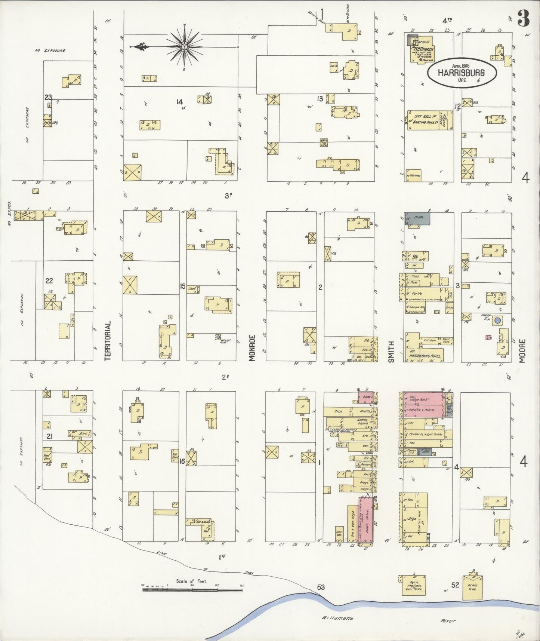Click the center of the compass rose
click(184, 47)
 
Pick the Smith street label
click(391, 351)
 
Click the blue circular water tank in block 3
click(497, 320)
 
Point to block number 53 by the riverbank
click(321, 587)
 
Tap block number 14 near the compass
click(180, 102)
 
